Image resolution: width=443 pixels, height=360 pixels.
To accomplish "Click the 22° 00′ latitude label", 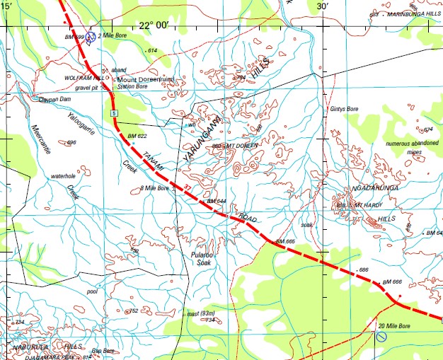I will point(154,25).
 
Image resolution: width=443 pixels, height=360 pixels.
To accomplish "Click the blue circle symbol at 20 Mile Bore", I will point(381,337).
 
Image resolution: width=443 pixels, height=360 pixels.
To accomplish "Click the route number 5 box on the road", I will point(113,113).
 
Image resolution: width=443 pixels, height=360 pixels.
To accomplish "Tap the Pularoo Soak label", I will point(202,257).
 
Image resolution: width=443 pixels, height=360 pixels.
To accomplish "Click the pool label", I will point(91,291).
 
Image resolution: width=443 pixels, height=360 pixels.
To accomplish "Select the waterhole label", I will point(49,175).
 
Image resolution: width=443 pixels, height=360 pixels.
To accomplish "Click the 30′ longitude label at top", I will point(323,6).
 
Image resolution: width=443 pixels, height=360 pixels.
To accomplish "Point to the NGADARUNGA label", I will point(372,190).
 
